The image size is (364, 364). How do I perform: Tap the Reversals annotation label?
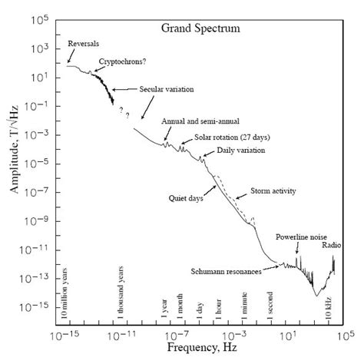84,42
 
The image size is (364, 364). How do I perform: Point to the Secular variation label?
166,89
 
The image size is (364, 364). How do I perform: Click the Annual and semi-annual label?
191,121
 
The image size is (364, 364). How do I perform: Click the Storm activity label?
273,190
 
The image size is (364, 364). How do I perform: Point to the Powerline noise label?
299,237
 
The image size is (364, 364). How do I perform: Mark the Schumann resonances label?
226,271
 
